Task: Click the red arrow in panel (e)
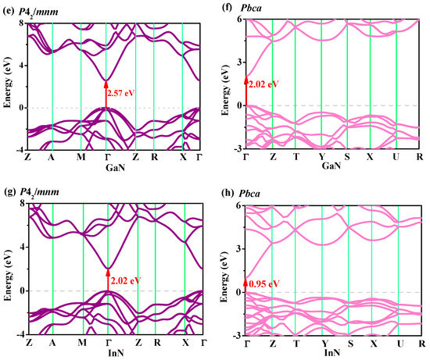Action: pos(106,94)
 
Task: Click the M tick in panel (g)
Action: pos(81,342)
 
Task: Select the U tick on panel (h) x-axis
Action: pos(398,342)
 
